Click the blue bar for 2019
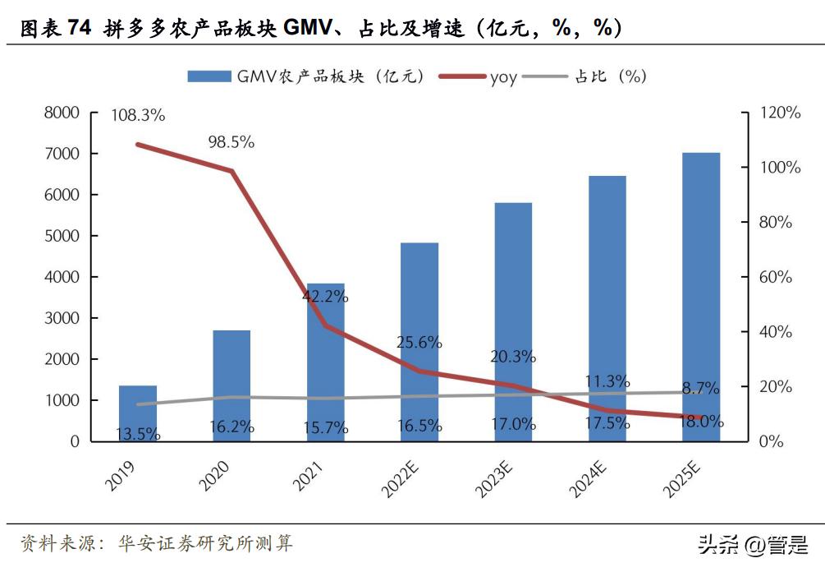(x=137, y=413)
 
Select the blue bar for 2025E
(x=701, y=296)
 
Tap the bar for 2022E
(x=419, y=341)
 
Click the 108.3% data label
(x=138, y=116)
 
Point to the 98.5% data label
(x=231, y=142)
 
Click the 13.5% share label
(x=137, y=433)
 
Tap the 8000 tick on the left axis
(x=62, y=113)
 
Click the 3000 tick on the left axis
(x=62, y=318)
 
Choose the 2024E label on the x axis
(x=589, y=479)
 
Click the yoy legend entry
(x=503, y=77)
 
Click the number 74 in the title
(x=80, y=30)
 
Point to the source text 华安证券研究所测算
(x=205, y=543)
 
